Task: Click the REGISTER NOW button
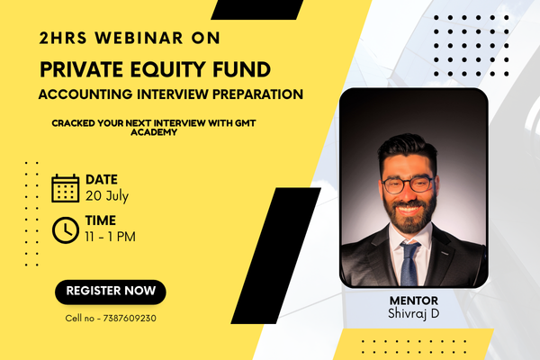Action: [110, 291]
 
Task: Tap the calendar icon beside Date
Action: [66, 187]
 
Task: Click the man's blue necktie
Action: [410, 261]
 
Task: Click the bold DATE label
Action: [101, 179]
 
